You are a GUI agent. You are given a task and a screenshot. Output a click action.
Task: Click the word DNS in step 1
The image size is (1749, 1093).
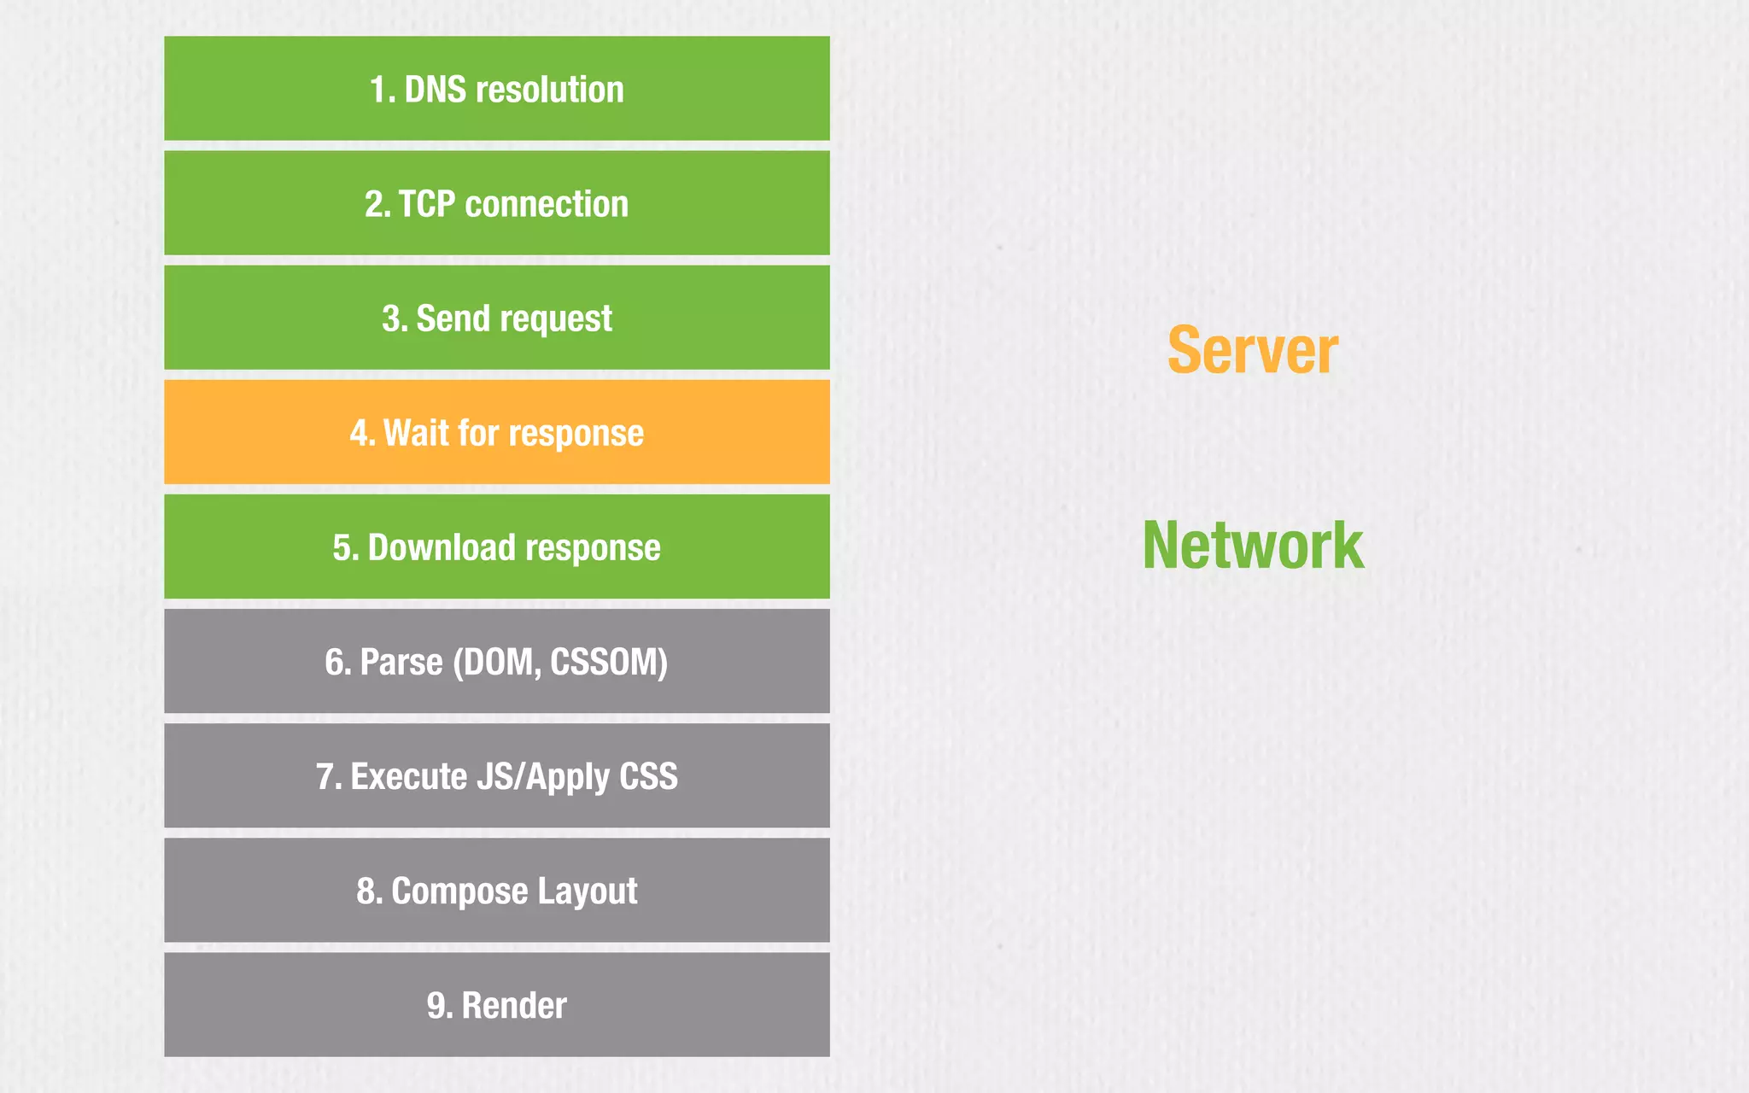click(435, 90)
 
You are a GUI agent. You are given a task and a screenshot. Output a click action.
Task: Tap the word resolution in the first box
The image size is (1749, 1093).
click(550, 90)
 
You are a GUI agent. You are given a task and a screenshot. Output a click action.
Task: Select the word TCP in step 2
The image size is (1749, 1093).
click(427, 204)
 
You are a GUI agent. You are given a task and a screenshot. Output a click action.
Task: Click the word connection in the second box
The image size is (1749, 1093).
click(547, 204)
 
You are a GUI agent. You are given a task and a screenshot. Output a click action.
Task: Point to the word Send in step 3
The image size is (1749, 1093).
click(453, 319)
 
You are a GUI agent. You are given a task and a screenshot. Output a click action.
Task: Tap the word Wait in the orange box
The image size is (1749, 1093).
click(416, 433)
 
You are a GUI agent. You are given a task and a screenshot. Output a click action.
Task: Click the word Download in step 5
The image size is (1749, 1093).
click(442, 547)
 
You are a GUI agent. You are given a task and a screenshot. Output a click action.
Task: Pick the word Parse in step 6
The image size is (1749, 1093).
click(401, 662)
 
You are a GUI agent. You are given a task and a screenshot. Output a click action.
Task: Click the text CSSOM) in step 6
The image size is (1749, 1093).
click(609, 662)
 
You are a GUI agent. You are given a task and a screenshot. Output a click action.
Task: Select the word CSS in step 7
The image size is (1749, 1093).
click(648, 776)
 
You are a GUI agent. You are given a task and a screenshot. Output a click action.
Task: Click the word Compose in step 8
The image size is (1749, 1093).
click(459, 891)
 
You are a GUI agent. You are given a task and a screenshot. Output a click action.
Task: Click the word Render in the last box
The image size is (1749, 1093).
click(514, 1005)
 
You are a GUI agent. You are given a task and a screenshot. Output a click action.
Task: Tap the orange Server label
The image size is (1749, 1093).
click(1253, 350)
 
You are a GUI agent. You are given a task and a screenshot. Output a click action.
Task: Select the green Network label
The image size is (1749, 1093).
click(1253, 546)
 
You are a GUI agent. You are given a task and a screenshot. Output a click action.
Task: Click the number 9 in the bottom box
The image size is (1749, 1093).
click(437, 1005)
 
